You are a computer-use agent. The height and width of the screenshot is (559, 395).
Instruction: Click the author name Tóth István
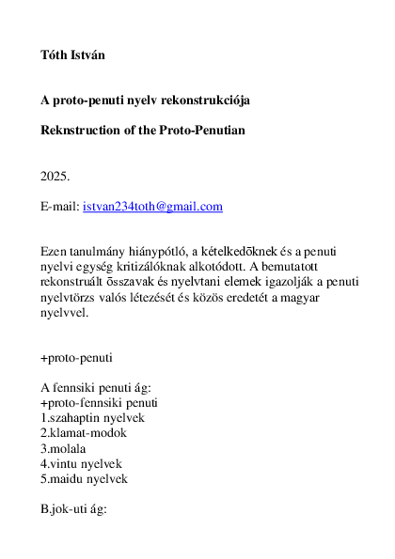coord(73,55)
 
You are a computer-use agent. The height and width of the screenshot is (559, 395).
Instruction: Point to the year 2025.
coord(55,176)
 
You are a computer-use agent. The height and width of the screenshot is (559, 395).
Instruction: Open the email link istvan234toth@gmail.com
coord(152,206)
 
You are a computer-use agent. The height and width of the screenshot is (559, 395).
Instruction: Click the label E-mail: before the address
coord(60,206)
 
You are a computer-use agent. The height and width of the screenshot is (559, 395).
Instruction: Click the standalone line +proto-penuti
coord(78,358)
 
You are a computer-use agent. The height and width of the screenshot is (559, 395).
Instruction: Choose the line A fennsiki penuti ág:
coord(95,388)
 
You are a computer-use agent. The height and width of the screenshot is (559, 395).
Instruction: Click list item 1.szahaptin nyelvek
coord(92,418)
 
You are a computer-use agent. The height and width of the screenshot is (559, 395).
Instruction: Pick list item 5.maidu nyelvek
coord(84,478)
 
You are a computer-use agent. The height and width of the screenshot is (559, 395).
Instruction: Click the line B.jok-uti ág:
coord(74,508)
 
